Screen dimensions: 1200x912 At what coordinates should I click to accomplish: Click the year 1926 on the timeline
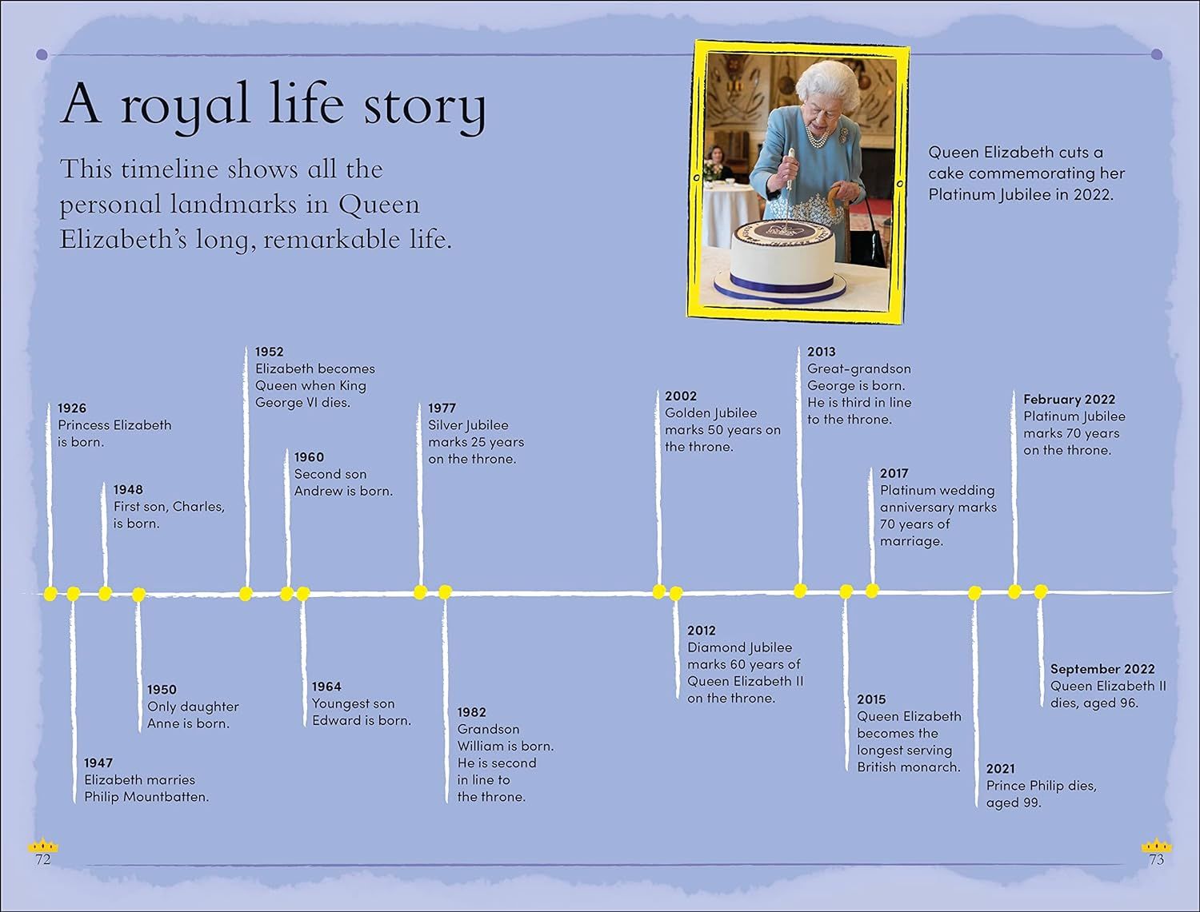tap(72, 408)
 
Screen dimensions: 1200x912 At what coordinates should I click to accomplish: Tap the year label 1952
tap(269, 352)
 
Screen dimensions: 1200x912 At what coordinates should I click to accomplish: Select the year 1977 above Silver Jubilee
tap(442, 408)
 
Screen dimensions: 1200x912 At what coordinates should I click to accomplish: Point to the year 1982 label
tap(471, 712)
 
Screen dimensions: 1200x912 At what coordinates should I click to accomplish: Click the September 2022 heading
tap(1102, 669)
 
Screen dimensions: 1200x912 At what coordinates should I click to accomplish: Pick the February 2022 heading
tap(1069, 400)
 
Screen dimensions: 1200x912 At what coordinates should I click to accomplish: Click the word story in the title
tap(424, 106)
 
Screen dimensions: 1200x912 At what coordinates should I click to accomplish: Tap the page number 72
tap(42, 860)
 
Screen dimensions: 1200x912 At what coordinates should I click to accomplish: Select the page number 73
tap(1157, 860)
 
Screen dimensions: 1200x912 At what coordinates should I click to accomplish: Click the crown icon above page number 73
tap(1157, 846)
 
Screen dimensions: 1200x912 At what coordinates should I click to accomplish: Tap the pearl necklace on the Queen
tap(818, 137)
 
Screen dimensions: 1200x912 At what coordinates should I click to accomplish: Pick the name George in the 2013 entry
tap(830, 385)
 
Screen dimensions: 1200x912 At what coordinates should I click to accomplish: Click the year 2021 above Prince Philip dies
tap(1001, 769)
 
